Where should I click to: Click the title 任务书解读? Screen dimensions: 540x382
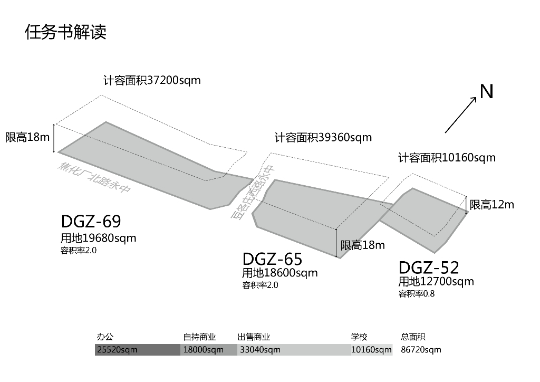pyautogui.click(x=66, y=32)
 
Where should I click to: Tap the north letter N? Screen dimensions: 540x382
pyautogui.click(x=486, y=92)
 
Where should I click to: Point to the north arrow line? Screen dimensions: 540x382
pyautogui.click(x=461, y=115)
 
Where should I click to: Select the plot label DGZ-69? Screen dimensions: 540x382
pyautogui.click(x=91, y=221)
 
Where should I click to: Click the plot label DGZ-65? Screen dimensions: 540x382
pyautogui.click(x=272, y=259)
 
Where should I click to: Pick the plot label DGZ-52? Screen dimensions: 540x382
pyautogui.click(x=429, y=268)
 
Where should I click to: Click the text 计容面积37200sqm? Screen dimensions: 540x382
pyautogui.click(x=152, y=81)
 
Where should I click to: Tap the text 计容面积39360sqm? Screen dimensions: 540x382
pyautogui.click(x=323, y=138)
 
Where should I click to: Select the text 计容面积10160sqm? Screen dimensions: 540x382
pyautogui.click(x=447, y=158)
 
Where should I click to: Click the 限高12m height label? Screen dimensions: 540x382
pyautogui.click(x=491, y=205)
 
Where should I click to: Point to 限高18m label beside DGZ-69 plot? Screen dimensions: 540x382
pyautogui.click(x=27, y=138)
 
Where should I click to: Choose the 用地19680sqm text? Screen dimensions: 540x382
pyautogui.click(x=98, y=238)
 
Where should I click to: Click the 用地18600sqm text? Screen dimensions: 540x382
pyautogui.click(x=279, y=273)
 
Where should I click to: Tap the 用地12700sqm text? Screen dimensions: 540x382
pyautogui.click(x=436, y=281)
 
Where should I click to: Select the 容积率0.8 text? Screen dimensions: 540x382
pyautogui.click(x=417, y=294)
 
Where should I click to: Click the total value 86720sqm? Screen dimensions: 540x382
pyautogui.click(x=421, y=350)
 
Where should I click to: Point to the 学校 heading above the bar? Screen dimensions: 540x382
pyautogui.click(x=359, y=337)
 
